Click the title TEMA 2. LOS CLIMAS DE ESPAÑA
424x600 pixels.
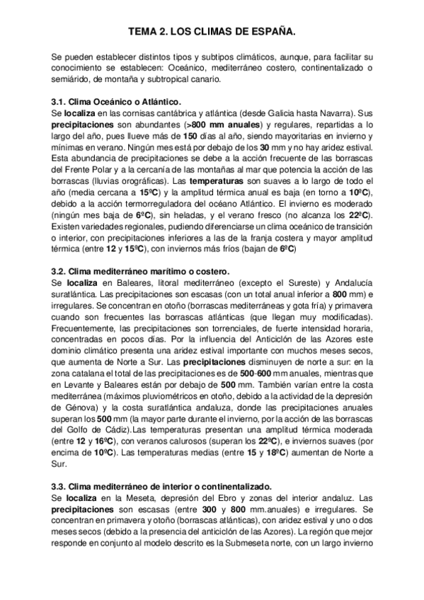(212, 33)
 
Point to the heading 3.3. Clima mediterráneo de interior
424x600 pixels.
(161, 487)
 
